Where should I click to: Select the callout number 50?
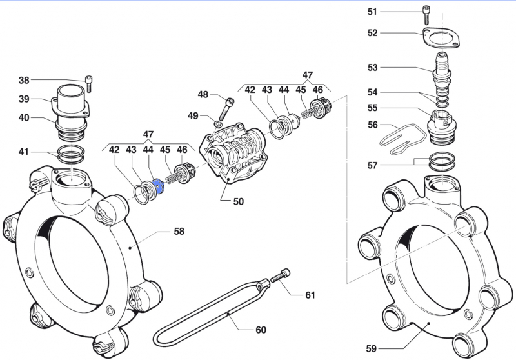coord(238,201)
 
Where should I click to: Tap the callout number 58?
coord(179,230)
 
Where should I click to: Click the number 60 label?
coord(260,330)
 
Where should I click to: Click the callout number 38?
coord(24,81)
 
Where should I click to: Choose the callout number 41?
coord(24,152)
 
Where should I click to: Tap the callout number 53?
coord(373,67)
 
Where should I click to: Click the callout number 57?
coord(373,166)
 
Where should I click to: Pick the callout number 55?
coord(373,108)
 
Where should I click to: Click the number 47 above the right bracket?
coord(308,75)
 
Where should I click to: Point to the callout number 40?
coord(24,118)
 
